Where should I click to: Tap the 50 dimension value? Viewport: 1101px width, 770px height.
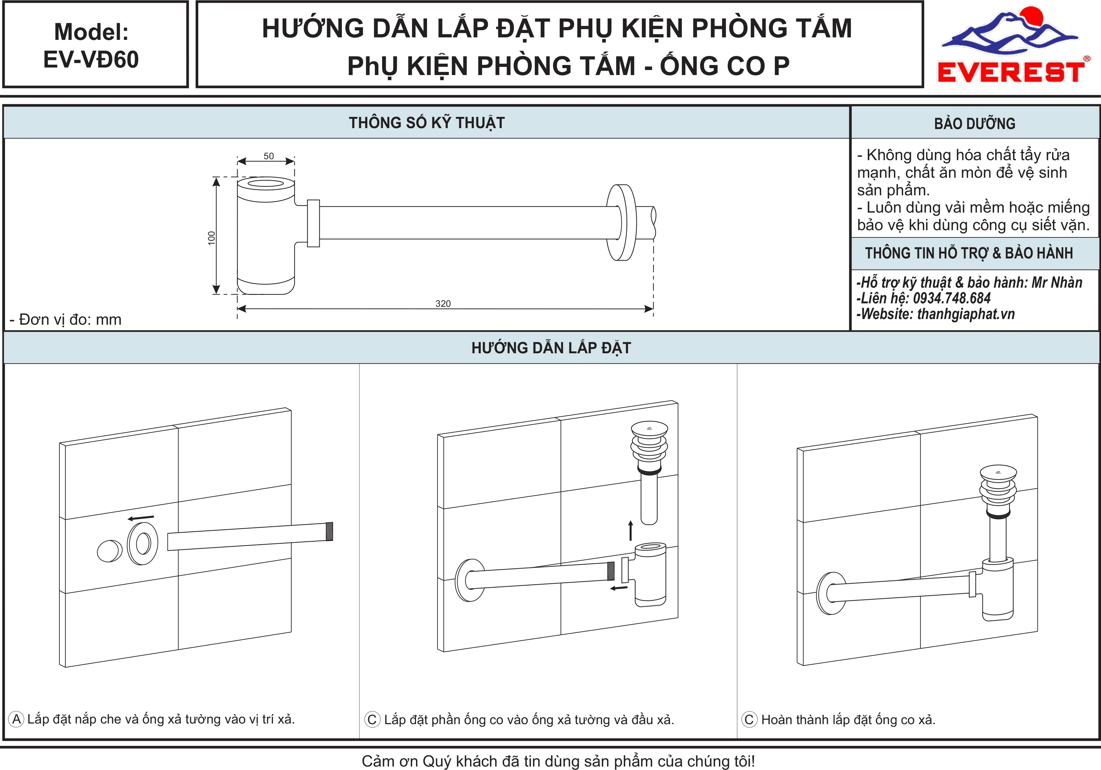[x=269, y=156]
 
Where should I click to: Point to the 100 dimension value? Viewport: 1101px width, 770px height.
[x=211, y=238]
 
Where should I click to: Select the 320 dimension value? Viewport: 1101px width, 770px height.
[x=443, y=304]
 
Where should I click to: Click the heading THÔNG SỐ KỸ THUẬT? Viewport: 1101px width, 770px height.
[x=427, y=123]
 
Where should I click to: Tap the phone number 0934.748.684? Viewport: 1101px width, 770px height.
[x=952, y=299]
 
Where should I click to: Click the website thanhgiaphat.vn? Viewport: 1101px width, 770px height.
[x=966, y=314]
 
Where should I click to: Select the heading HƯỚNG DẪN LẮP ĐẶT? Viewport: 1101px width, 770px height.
[x=551, y=348]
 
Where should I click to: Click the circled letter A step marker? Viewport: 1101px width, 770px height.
[x=16, y=719]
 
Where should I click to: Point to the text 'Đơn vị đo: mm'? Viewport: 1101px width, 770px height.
[x=70, y=320]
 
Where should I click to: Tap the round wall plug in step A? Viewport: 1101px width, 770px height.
[x=110, y=551]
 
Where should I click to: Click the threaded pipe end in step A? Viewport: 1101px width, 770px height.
[x=329, y=531]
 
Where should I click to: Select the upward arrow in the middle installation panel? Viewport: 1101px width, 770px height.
[x=631, y=530]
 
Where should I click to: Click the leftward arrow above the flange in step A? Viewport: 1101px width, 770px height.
[x=141, y=518]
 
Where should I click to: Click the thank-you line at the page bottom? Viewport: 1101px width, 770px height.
[x=558, y=761]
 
